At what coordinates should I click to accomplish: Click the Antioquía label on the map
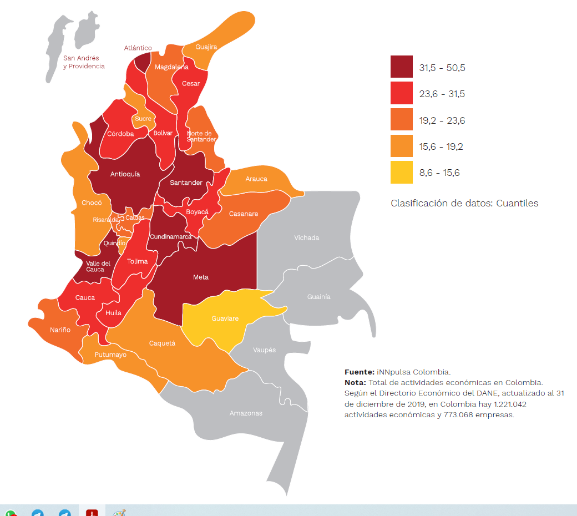125,174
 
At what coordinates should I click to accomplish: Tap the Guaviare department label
225,318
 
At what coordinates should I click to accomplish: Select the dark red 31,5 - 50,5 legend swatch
401,67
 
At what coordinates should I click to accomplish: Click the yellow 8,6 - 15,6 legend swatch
401,172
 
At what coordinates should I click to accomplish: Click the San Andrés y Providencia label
84,62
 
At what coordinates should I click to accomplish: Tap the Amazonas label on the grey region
246,413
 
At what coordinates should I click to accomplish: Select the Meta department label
200,277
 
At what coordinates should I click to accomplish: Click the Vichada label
306,237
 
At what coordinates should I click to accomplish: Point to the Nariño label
60,330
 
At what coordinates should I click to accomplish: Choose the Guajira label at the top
206,47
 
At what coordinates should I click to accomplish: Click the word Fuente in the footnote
359,372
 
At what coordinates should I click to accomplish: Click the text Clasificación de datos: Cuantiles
464,203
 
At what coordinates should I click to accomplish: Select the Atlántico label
138,48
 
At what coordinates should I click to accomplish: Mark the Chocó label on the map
92,203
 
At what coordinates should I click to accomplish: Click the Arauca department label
256,179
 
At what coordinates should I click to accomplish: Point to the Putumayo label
110,355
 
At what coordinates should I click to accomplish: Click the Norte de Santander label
201,136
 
